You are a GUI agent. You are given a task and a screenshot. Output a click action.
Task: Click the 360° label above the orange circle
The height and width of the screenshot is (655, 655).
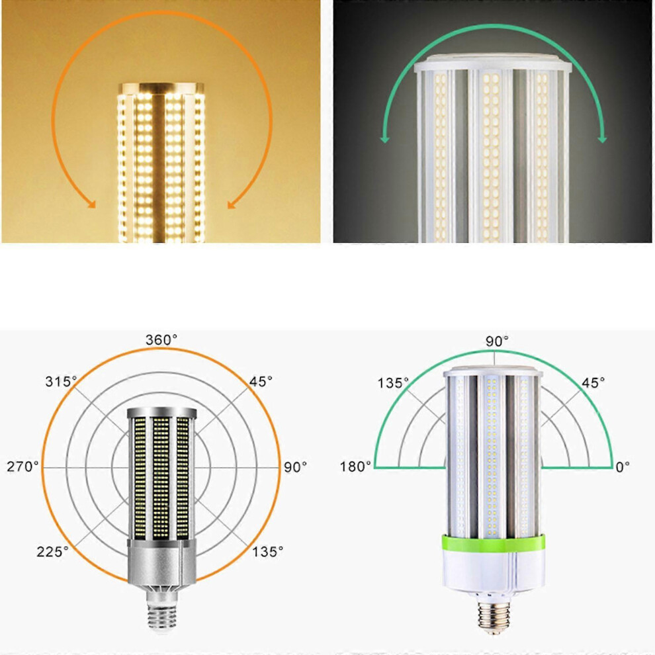161,340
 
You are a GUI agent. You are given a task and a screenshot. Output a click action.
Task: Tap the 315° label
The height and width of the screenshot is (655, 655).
61,381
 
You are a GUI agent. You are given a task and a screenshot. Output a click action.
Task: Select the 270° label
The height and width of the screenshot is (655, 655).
22,466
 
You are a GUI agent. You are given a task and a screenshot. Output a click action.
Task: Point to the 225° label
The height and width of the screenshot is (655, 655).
52,551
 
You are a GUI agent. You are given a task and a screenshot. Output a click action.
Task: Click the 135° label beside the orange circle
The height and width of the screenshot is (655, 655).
267,551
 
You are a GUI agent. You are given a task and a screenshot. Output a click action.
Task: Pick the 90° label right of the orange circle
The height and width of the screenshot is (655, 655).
295,466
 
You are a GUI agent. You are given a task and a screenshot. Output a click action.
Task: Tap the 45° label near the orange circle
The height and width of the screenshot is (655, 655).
261,381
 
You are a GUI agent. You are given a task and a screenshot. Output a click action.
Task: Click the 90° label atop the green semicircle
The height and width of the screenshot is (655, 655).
497,341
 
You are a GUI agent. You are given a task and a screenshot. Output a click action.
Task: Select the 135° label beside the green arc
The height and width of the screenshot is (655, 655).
393,382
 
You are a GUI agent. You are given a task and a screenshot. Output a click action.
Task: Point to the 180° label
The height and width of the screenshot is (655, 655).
355,466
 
